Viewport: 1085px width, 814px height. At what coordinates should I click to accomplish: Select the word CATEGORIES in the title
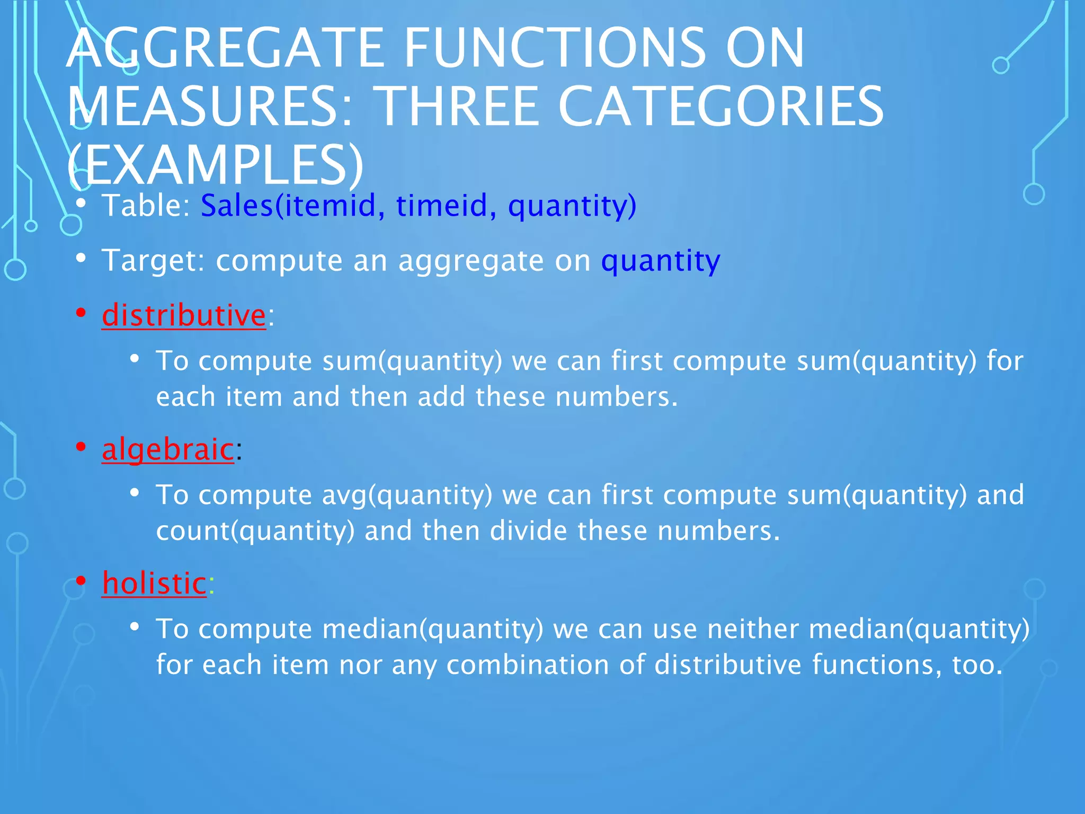pyautogui.click(x=721, y=107)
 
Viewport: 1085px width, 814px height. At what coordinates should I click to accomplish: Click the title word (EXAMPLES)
pyautogui.click(x=215, y=165)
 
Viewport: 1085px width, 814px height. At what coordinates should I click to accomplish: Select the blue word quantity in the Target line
pyautogui.click(x=660, y=261)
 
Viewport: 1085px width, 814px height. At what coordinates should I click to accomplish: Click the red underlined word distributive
pyautogui.click(x=183, y=315)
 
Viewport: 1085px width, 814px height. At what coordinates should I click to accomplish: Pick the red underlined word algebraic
pyautogui.click(x=167, y=449)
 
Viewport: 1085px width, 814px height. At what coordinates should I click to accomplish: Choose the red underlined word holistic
pyautogui.click(x=154, y=583)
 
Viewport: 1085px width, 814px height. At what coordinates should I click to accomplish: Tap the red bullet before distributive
pyautogui.click(x=81, y=313)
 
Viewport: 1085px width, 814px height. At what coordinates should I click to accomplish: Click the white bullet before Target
pyautogui.click(x=81, y=259)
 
